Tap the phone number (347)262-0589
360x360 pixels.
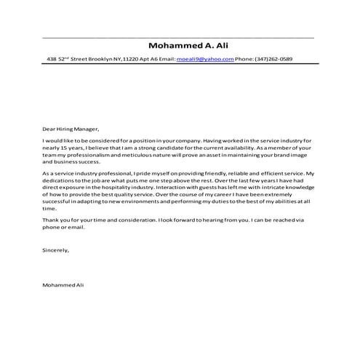click(x=274, y=60)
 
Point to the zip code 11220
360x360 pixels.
click(x=132, y=60)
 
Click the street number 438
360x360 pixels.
click(x=52, y=60)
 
